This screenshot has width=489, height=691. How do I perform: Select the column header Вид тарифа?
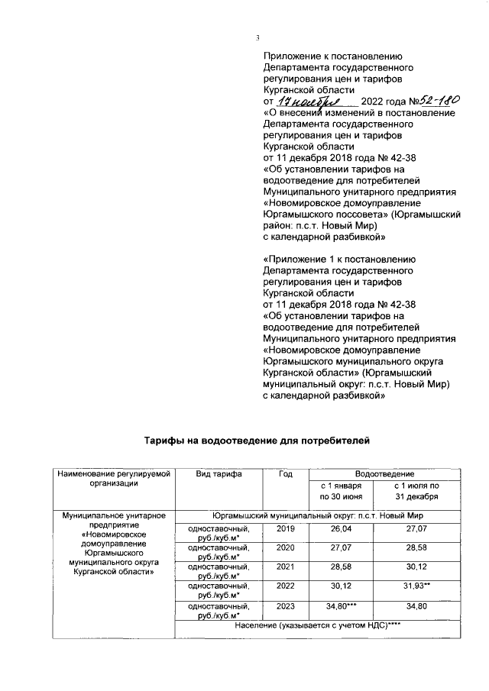click(219, 474)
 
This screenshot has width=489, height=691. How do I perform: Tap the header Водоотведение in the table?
click(379, 474)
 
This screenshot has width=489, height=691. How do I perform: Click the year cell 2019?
click(285, 528)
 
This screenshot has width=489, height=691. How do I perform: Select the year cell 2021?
click(285, 568)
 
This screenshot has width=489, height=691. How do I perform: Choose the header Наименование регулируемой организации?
click(112, 479)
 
